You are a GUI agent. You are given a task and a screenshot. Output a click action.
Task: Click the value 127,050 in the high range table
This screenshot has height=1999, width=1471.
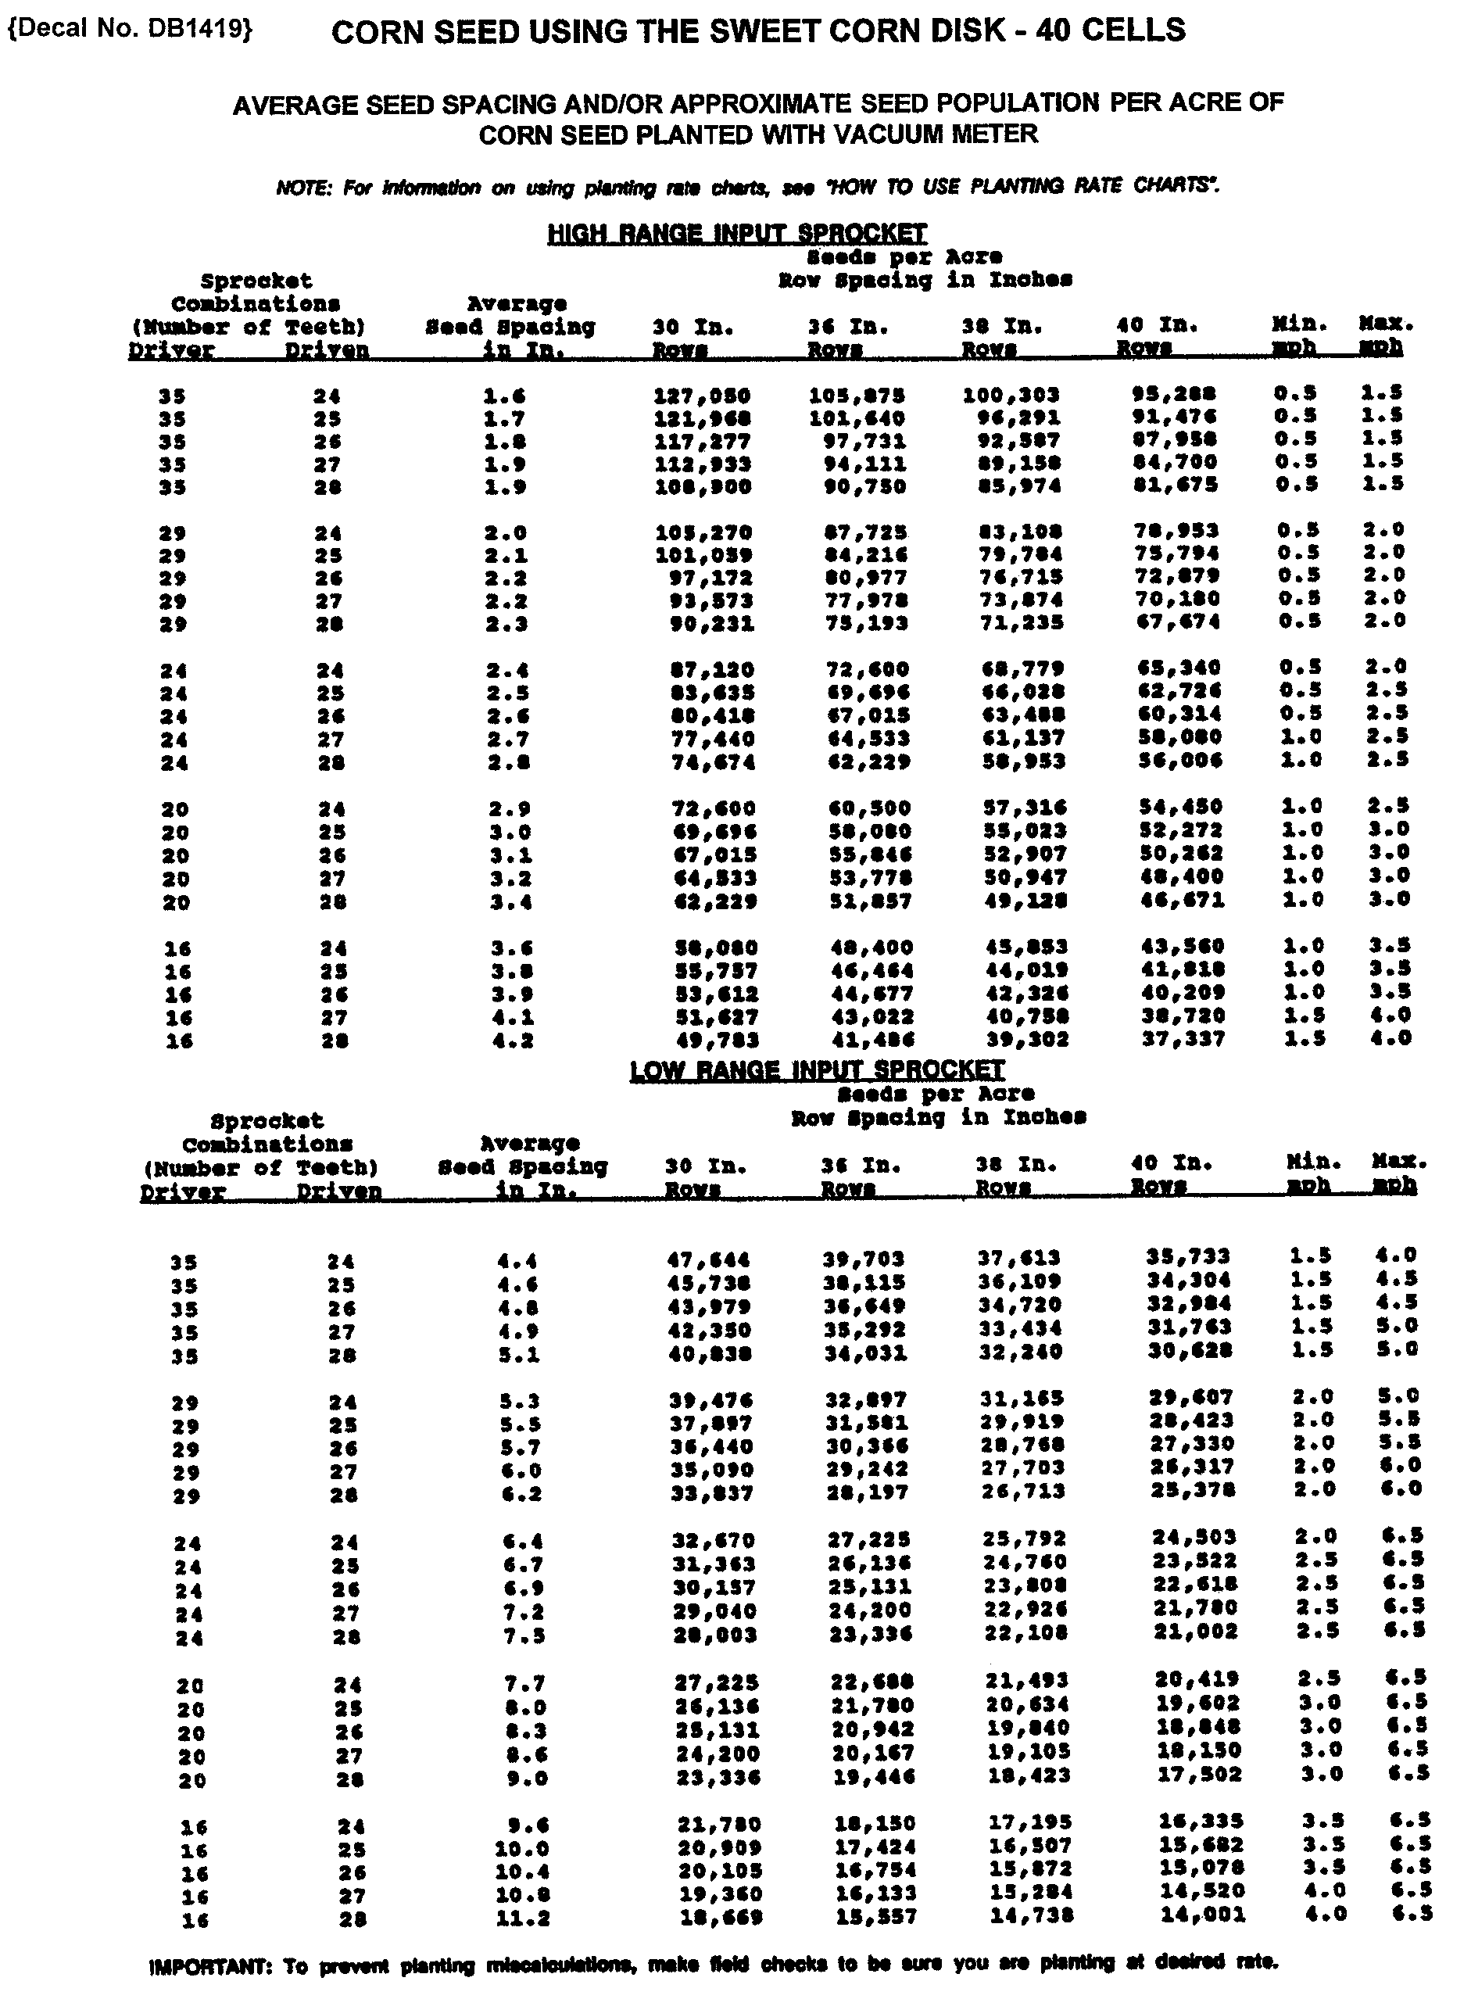coord(702,396)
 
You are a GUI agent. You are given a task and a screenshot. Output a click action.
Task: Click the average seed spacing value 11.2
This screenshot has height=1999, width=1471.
coord(523,1918)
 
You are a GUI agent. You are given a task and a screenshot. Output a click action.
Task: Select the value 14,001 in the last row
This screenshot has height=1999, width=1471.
coord(1202,1915)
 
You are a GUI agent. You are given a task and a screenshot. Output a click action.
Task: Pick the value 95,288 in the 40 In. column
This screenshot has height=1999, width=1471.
coord(1173,392)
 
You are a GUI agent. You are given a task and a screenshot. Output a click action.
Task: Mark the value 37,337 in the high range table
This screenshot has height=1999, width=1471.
coord(1183,1038)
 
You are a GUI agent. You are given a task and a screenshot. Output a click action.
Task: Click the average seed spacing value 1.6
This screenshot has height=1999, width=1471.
coord(504,396)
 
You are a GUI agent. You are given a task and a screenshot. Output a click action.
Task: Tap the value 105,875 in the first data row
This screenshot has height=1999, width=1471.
coord(857,395)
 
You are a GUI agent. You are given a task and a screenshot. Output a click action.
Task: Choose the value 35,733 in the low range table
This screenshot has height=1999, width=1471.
coord(1188,1256)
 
